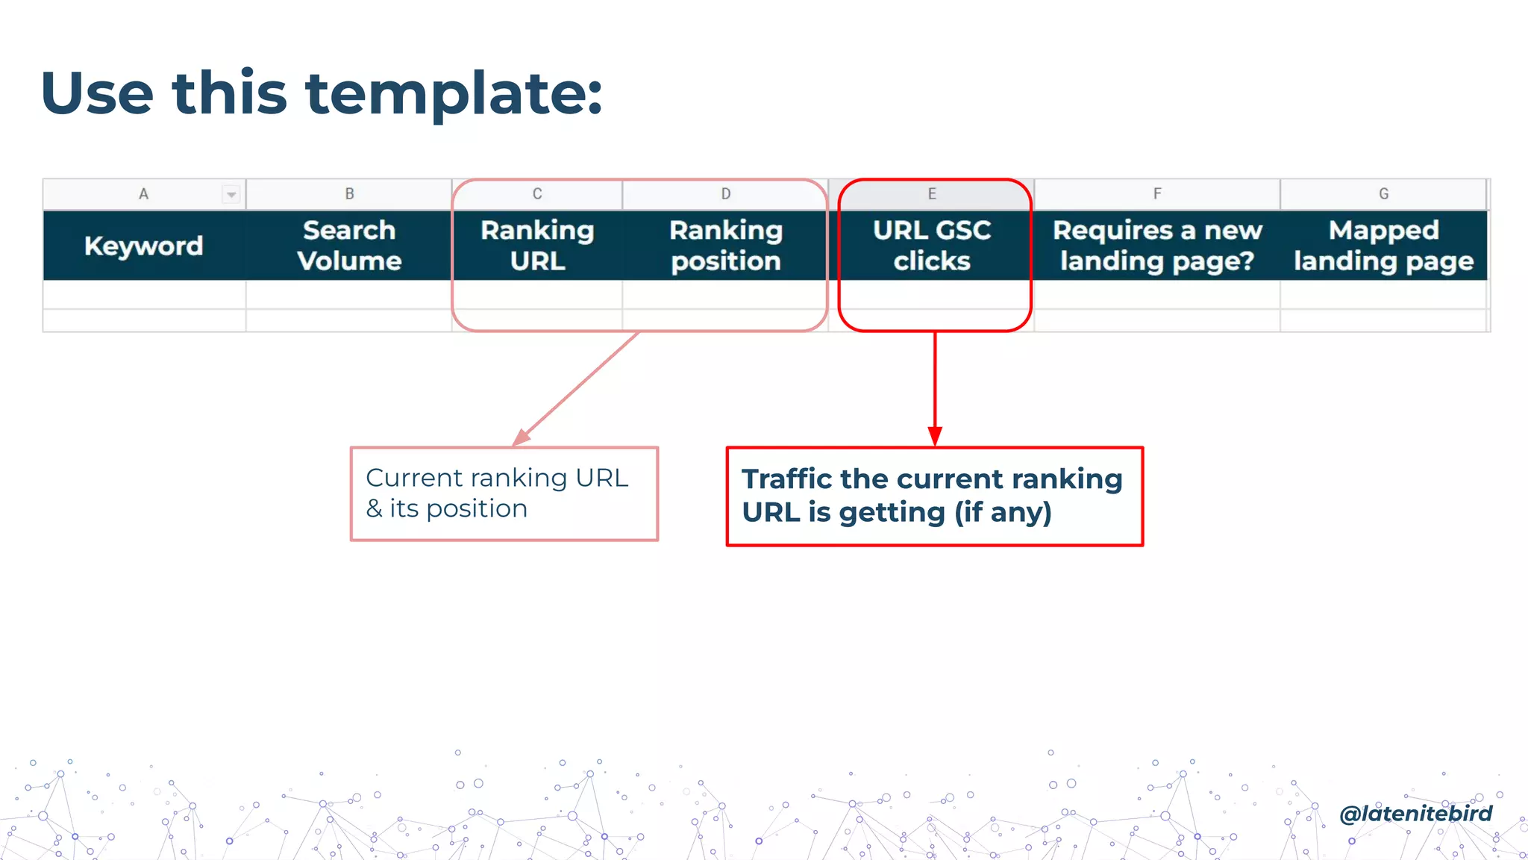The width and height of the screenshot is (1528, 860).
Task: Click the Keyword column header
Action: tap(143, 246)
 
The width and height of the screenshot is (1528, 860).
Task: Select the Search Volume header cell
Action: tap(349, 246)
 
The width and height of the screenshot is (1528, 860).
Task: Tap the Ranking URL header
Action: tap(537, 246)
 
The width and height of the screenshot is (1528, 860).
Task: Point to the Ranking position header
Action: tap(725, 246)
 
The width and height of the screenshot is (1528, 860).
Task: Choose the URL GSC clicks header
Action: tap(932, 246)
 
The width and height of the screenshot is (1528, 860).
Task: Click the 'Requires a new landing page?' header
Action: tap(1157, 246)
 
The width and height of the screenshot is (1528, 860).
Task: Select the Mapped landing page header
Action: tap(1383, 246)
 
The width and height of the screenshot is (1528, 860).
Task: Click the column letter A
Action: tap(143, 194)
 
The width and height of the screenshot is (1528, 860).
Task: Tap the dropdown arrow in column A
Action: tap(231, 195)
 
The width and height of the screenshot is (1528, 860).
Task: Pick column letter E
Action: tap(932, 194)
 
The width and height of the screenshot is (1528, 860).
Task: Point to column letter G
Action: tap(1383, 194)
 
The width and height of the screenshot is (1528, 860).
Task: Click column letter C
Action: tap(537, 194)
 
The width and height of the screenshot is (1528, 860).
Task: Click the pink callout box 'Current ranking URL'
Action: tap(504, 493)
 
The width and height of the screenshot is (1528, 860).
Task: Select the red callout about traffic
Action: tap(934, 496)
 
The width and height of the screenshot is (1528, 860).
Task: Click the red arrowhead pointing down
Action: tap(935, 436)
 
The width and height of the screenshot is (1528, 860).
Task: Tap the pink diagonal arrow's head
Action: tap(522, 438)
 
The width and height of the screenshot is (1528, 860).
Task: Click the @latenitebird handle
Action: tap(1415, 813)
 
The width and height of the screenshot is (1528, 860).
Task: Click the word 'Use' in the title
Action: tap(97, 95)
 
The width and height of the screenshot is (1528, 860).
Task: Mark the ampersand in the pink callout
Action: tap(374, 509)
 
